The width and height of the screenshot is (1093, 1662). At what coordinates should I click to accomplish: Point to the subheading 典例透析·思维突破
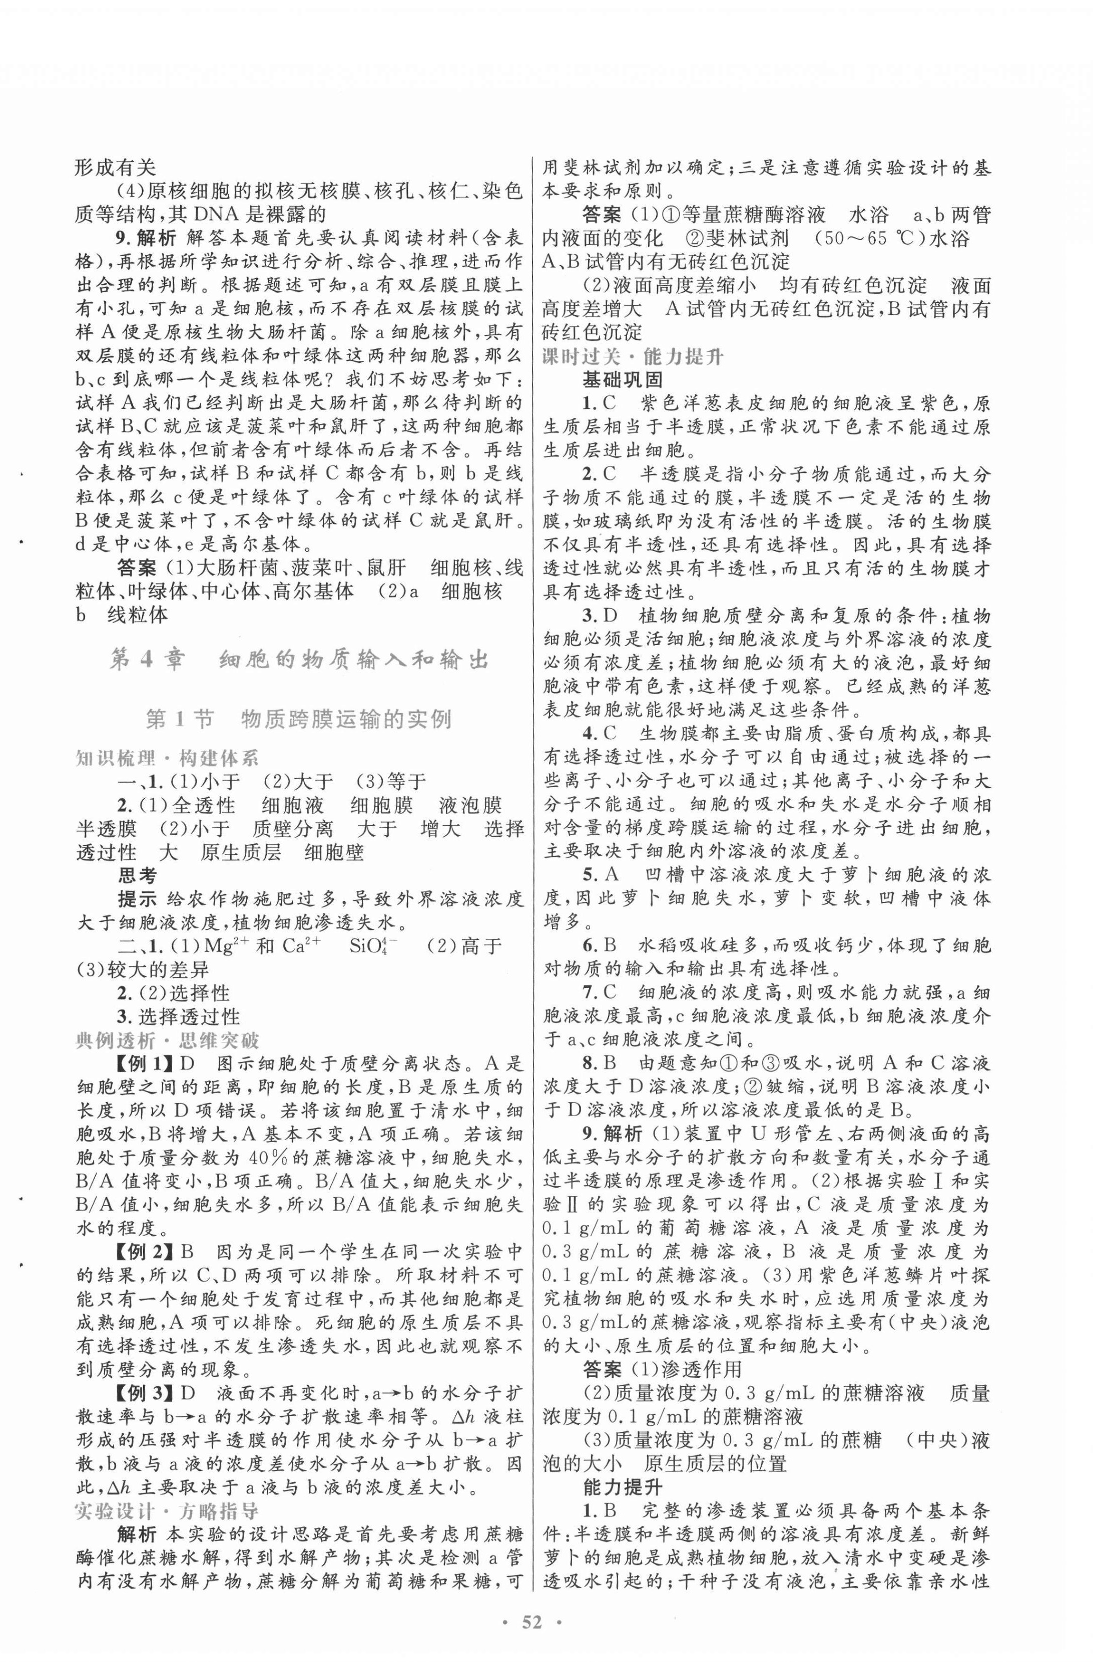click(167, 1040)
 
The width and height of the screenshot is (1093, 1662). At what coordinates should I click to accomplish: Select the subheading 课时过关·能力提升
click(634, 357)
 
